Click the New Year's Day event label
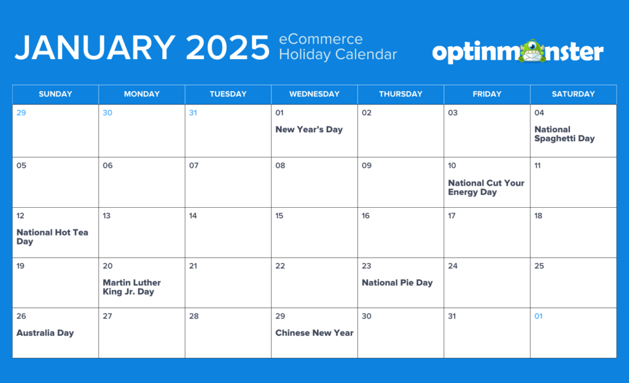click(309, 130)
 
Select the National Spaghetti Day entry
click(564, 134)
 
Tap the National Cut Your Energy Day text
click(486, 188)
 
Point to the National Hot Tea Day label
click(52, 237)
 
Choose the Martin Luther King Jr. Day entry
click(131, 287)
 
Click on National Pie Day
click(397, 283)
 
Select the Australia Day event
click(45, 333)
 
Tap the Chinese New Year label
click(314, 333)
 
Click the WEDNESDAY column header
click(314, 94)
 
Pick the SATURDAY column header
click(572, 94)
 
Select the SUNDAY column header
click(55, 94)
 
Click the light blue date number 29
click(21, 113)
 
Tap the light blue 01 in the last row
click(538, 317)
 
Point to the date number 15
click(279, 216)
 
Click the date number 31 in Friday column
click(453, 317)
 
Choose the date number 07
click(193, 166)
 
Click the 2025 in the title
click(228, 48)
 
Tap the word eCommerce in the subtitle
click(321, 40)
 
